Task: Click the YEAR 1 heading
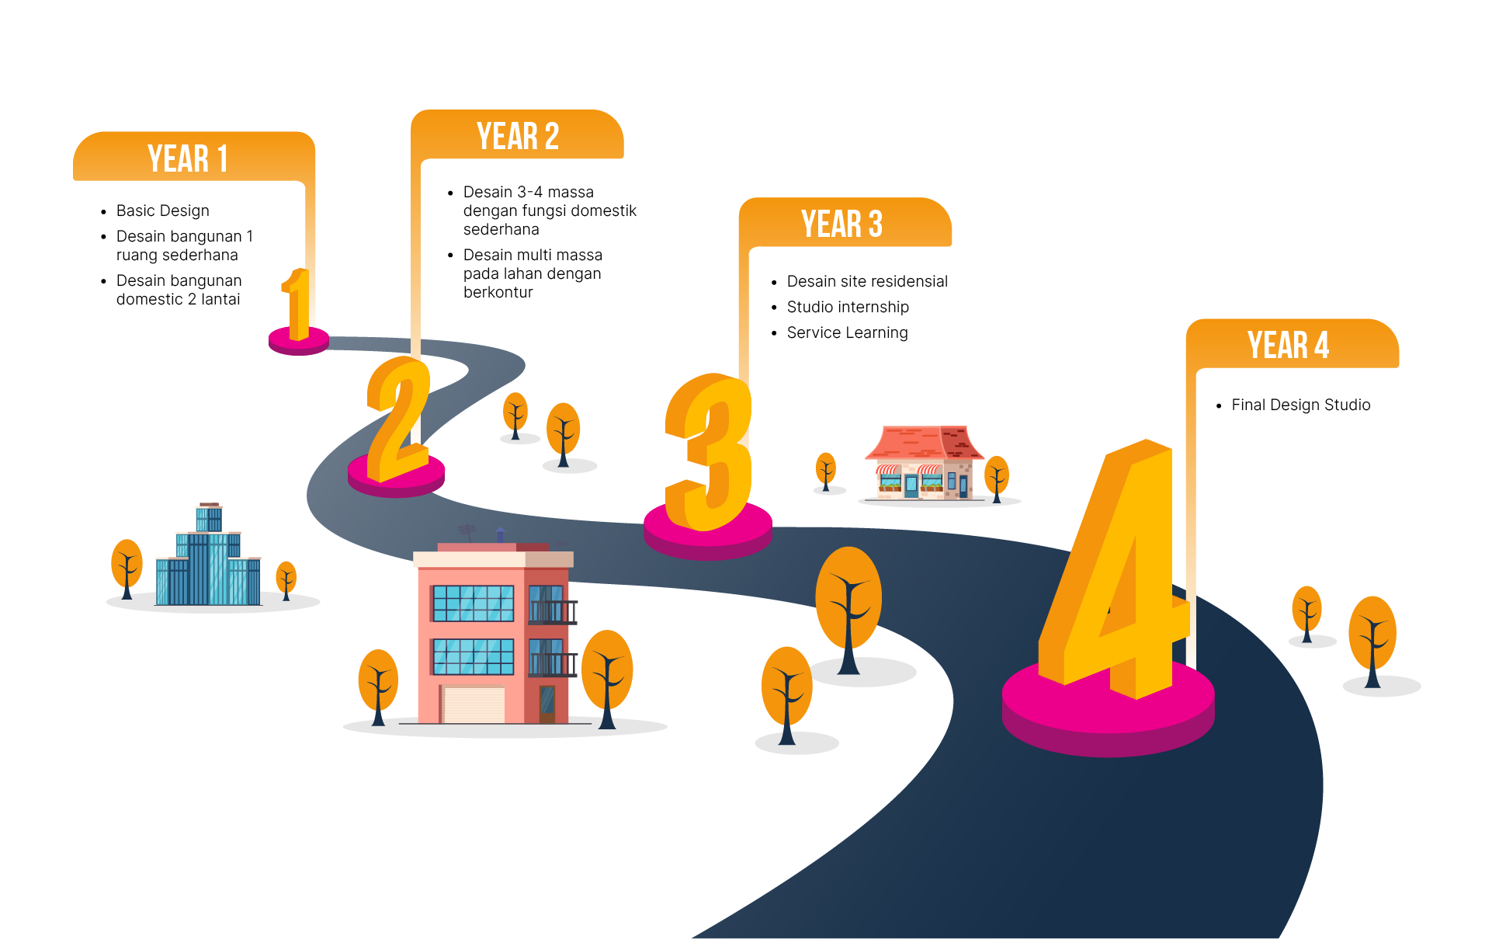click(x=188, y=158)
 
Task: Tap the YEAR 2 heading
click(x=518, y=137)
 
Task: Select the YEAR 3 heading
click(x=842, y=224)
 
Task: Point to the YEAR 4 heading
click(x=1289, y=346)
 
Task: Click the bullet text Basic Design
click(x=162, y=210)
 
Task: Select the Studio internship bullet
click(x=848, y=307)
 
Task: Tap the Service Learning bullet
click(x=847, y=332)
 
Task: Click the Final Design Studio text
click(x=1300, y=405)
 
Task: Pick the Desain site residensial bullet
click(x=866, y=281)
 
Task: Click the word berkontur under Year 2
click(x=498, y=292)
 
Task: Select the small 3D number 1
click(x=297, y=304)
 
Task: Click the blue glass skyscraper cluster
click(x=208, y=563)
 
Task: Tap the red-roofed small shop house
click(x=924, y=464)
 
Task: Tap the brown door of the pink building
click(x=547, y=704)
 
